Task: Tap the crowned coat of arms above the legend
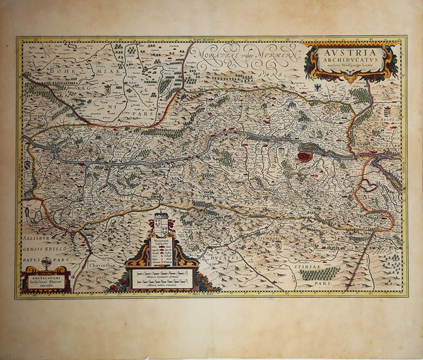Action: [x=161, y=224]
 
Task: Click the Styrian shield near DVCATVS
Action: [x=278, y=245]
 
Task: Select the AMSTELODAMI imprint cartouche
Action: [x=47, y=281]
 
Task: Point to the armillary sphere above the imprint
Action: [x=47, y=263]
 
